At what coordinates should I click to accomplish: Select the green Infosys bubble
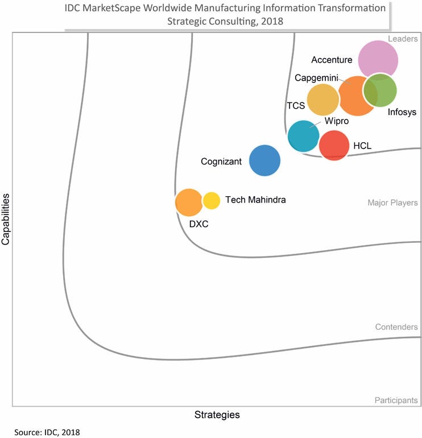[x=380, y=90]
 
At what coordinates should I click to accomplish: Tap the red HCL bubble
[x=334, y=146]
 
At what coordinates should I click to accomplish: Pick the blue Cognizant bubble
[x=265, y=160]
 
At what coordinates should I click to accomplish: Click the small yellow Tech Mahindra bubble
[x=211, y=200]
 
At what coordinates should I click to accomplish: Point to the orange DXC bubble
[x=188, y=203]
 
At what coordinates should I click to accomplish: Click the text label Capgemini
[x=317, y=77]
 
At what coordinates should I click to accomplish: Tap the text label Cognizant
[x=222, y=162]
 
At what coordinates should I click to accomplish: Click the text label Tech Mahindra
[x=255, y=200]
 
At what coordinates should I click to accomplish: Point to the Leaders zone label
[x=403, y=39]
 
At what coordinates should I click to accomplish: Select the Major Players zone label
[x=392, y=203]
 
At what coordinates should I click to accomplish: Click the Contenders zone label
[x=396, y=327]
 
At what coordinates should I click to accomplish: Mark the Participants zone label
[x=396, y=400]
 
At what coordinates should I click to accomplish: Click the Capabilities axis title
[x=6, y=219]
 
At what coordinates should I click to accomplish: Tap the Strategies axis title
[x=217, y=415]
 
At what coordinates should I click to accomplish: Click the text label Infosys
[x=402, y=112]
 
